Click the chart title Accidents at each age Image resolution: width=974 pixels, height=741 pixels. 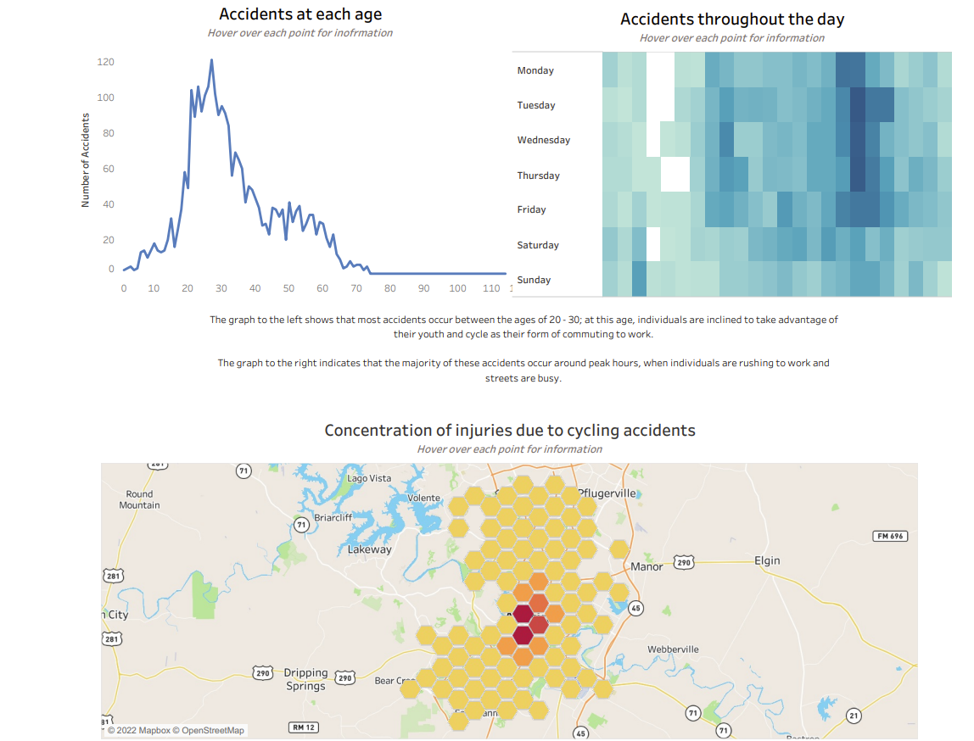point(300,14)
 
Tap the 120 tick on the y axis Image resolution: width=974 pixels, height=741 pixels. point(106,62)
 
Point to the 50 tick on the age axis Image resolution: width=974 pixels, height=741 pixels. point(288,288)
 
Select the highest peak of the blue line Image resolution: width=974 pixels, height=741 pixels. point(211,60)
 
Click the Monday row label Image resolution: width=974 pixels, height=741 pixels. point(535,70)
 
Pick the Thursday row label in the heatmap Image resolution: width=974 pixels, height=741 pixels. point(539,175)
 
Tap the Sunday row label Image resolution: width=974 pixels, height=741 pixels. point(534,280)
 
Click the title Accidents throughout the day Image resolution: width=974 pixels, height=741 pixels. point(732,19)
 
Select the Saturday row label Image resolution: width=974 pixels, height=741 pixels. point(538,245)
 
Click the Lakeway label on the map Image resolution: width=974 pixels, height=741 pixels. point(370,549)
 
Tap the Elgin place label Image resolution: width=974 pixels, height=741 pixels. point(767,560)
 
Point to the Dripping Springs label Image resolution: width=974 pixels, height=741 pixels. point(305,679)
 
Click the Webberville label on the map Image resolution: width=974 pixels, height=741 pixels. point(674,649)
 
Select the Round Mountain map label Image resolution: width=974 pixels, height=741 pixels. point(139,499)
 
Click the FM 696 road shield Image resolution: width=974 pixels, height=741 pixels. point(889,536)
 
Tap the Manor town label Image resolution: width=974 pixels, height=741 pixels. point(647,566)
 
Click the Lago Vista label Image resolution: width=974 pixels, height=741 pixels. point(370,478)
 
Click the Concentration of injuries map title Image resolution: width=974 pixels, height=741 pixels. point(510,431)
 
